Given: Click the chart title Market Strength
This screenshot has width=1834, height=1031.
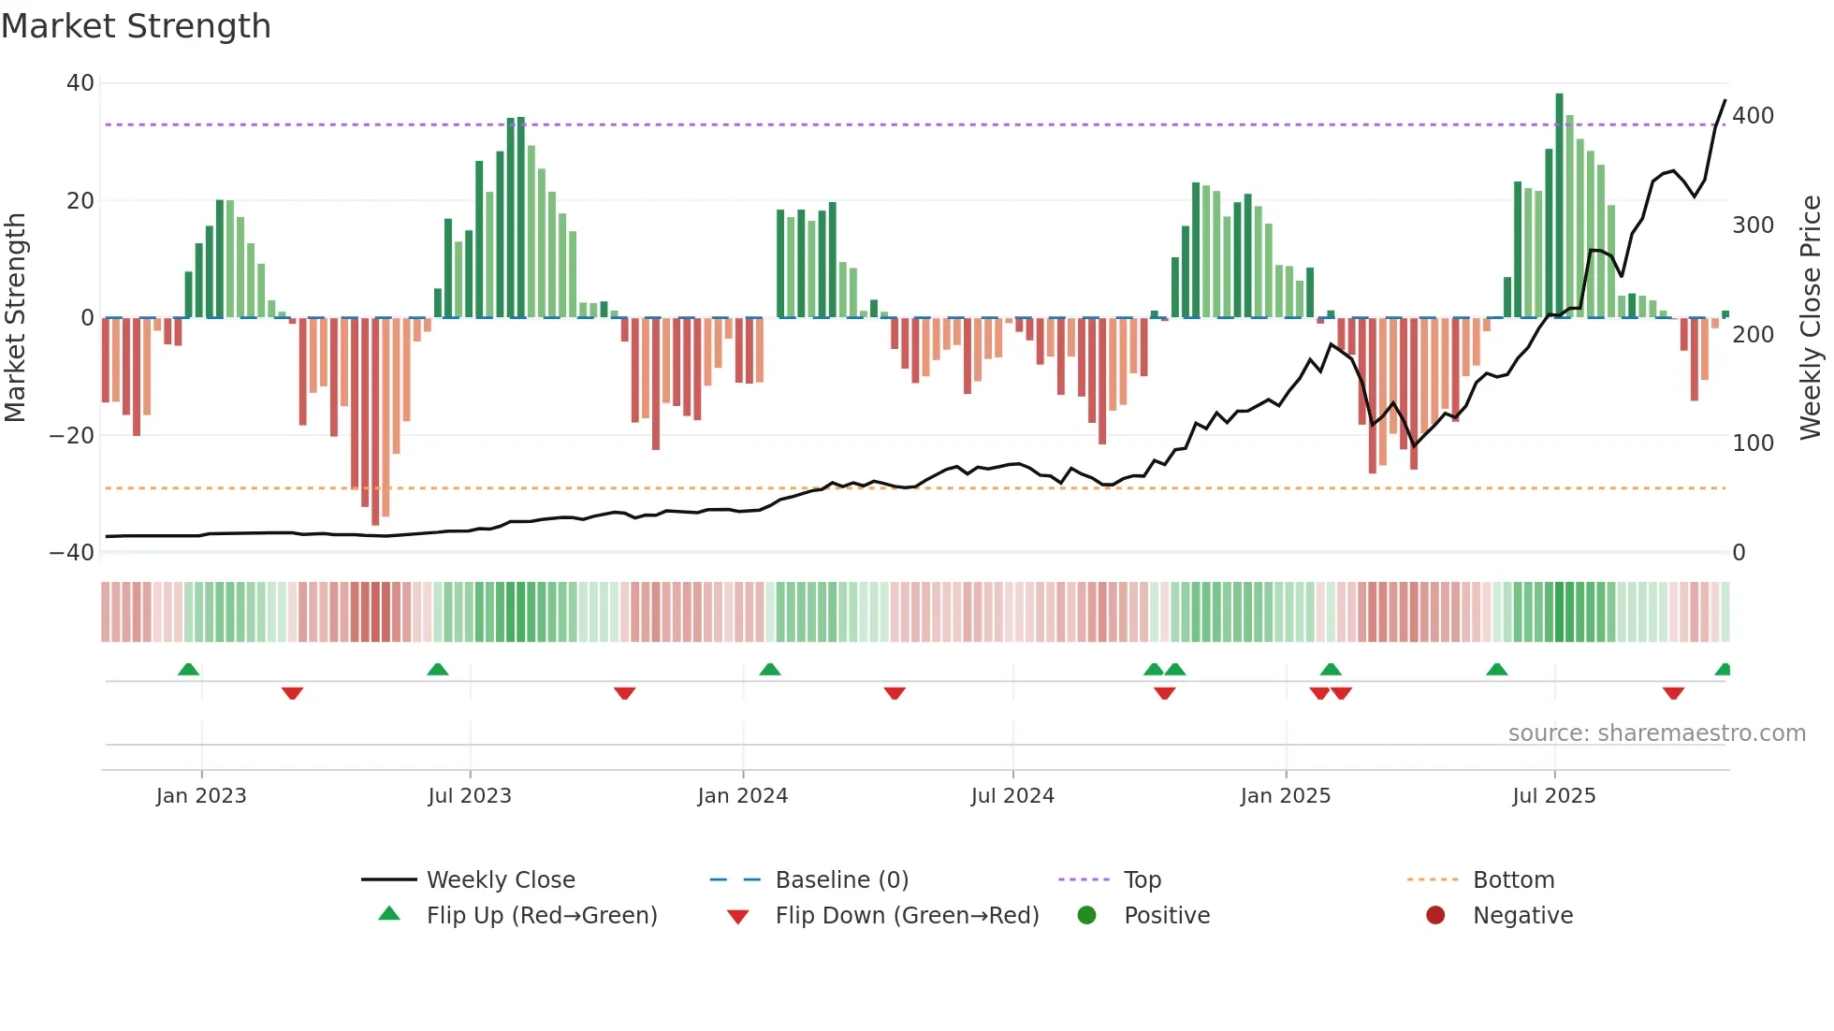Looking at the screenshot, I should click(137, 26).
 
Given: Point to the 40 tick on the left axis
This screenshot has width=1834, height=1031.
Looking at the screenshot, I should click(80, 83).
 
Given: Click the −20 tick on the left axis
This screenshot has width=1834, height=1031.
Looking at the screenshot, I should click(73, 435).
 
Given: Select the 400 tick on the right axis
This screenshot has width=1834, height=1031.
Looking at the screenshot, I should click(1753, 116).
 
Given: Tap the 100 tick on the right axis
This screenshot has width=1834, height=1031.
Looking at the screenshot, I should click(1753, 443).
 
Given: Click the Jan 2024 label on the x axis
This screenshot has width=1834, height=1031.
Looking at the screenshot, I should click(743, 796).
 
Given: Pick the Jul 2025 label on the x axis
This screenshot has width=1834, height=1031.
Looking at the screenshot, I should click(1554, 796).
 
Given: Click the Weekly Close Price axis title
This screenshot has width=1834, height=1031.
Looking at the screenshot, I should click(1812, 318).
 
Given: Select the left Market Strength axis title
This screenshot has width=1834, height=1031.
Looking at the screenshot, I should click(16, 318).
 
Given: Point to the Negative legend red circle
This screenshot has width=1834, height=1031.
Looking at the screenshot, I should click(1435, 916).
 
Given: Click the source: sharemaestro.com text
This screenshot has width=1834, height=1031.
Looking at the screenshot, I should click(1656, 733).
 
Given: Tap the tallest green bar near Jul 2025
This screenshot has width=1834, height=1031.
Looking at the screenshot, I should click(1559, 206).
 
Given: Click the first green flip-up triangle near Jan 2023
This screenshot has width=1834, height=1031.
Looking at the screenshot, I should click(188, 669).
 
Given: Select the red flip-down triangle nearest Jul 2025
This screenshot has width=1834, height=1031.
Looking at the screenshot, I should click(1673, 693).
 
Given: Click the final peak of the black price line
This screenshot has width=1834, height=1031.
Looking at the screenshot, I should click(1725, 101).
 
